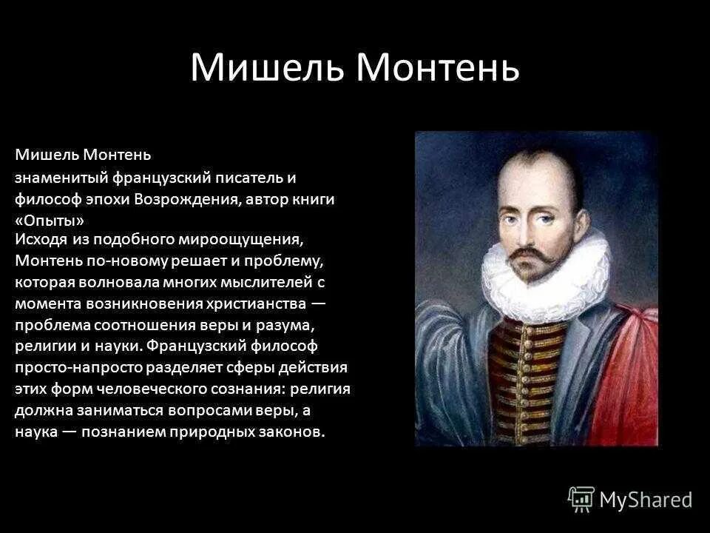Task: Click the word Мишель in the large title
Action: [268, 68]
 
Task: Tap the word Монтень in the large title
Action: [439, 68]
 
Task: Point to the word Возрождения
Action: [195, 199]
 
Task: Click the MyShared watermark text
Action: [646, 500]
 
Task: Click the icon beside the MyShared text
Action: [581, 499]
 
